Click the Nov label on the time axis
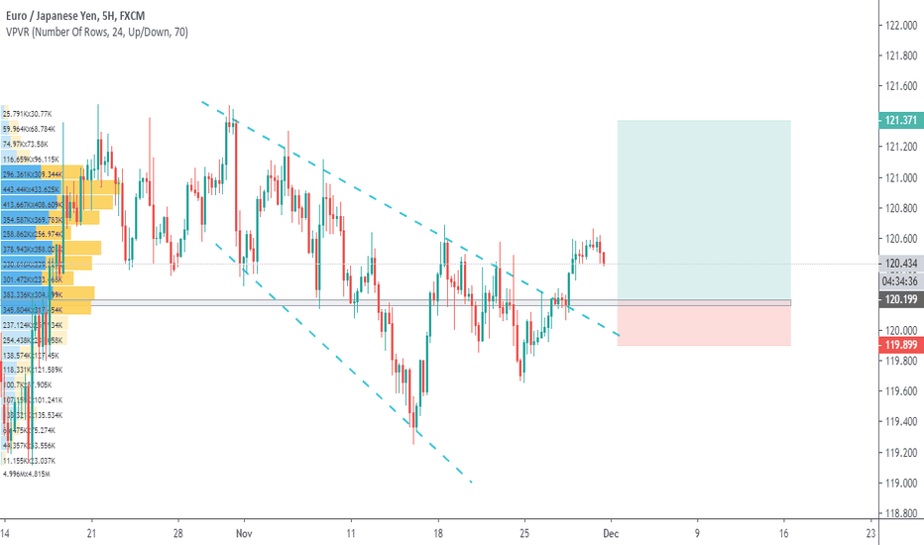(246, 532)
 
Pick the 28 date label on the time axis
(178, 532)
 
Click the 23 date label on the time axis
(870, 532)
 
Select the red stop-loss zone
(703, 325)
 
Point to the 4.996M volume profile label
(26, 474)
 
